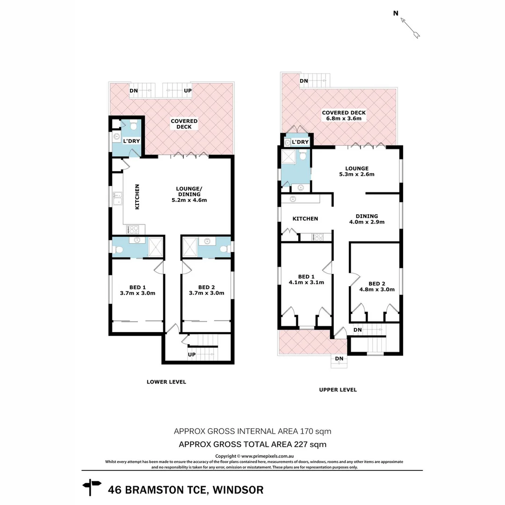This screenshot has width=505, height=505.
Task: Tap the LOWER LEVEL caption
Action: coord(166,382)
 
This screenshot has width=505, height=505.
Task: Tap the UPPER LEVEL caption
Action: coord(338,390)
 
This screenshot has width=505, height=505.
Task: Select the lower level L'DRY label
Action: coord(129,141)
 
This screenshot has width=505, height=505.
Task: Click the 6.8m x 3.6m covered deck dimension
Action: coord(344,119)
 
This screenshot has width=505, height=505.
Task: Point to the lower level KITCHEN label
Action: coord(137,196)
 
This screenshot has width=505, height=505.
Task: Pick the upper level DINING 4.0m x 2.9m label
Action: coord(367,219)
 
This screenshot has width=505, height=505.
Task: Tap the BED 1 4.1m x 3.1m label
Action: coord(306,279)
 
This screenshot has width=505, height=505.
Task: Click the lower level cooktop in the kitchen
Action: coord(133,229)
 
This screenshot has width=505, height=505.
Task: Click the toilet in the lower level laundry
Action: coord(134,125)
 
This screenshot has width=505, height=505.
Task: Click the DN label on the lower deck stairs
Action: coord(133,91)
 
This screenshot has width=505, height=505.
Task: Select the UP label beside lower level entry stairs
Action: coord(192,354)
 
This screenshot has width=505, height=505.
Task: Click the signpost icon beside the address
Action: coord(92,487)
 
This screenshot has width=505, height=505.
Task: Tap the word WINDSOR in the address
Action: coord(238,490)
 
